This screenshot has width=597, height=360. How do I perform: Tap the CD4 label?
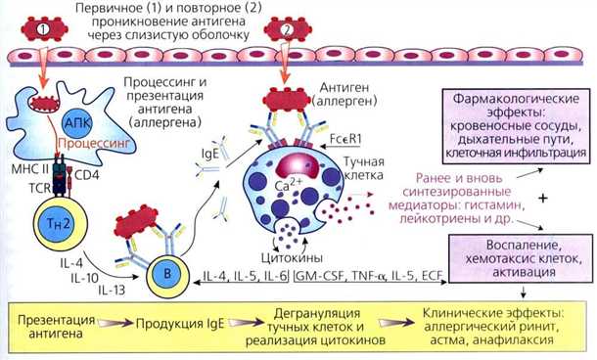click(90, 176)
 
